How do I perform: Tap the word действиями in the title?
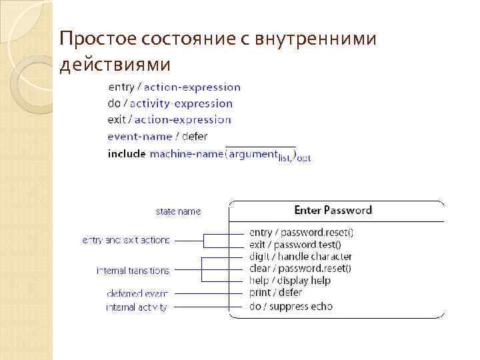pos(115,65)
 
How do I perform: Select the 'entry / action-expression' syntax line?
pos(174,87)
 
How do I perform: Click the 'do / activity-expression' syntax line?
pos(170,103)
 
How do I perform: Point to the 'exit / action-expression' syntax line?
pos(169,120)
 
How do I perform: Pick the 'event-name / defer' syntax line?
pos(157,137)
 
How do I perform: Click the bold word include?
pos(126,154)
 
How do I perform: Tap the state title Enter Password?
pos(333,210)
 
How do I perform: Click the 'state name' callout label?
pos(178,211)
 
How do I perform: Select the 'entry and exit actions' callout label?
pos(125,239)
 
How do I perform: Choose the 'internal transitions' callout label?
pos(133,271)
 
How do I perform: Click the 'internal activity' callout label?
pos(136,307)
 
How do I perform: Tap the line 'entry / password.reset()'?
pos(301,233)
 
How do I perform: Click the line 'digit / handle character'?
pos(300,257)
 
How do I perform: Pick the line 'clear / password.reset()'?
pos(300,269)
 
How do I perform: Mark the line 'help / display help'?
pos(290,281)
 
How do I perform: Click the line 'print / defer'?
pos(275,293)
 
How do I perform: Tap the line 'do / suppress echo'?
pos(291,307)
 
